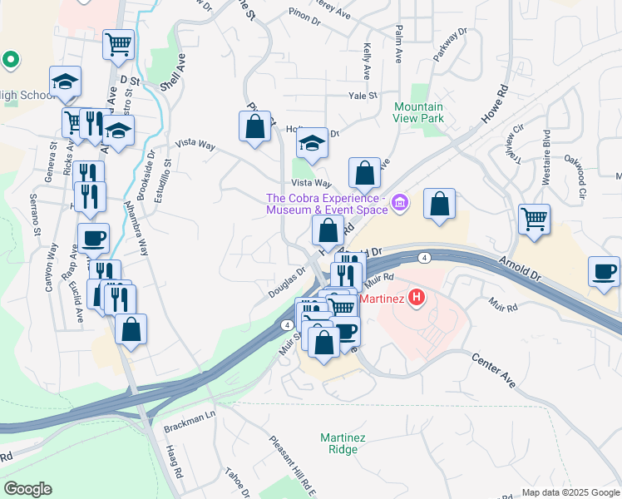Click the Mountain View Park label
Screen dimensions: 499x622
point(418,112)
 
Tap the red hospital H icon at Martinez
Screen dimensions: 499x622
point(417,296)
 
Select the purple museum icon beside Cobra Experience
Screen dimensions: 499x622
point(401,203)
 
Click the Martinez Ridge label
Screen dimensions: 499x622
point(339,443)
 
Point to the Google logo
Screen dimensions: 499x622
point(27,489)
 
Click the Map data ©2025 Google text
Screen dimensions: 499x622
point(570,492)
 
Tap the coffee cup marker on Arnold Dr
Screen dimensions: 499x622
point(604,271)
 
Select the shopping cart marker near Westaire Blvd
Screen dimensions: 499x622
point(534,220)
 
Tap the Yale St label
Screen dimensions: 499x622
point(363,96)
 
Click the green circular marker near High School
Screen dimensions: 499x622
point(10,59)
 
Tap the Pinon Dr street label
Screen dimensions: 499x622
point(304,15)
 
